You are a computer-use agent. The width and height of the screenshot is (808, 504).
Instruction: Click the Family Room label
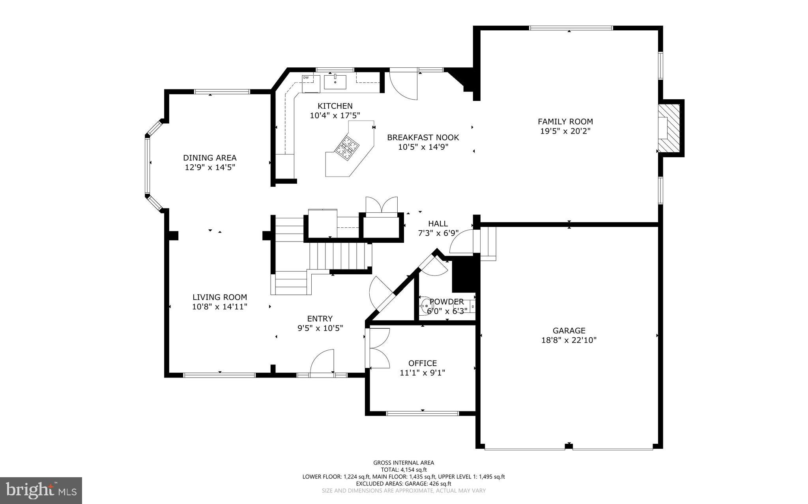click(565, 121)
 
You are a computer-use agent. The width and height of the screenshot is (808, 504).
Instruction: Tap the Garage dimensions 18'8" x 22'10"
click(569, 340)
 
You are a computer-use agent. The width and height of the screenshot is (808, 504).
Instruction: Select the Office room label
click(422, 363)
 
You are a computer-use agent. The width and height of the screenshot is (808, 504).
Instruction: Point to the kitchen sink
click(335, 82)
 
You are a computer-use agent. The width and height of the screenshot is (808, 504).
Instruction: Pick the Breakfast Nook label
click(423, 138)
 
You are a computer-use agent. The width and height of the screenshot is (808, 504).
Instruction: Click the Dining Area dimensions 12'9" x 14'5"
click(210, 167)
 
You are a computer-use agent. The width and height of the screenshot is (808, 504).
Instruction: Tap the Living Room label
click(220, 297)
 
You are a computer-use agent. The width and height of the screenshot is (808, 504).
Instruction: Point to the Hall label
click(438, 223)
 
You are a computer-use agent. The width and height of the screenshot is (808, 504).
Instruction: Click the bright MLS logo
click(41, 490)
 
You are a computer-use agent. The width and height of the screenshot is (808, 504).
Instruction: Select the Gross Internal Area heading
click(404, 463)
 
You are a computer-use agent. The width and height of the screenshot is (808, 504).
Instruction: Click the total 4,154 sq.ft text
click(404, 470)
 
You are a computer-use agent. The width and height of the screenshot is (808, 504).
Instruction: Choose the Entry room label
click(320, 318)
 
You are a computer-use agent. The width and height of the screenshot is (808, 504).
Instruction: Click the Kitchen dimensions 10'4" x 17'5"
click(335, 115)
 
